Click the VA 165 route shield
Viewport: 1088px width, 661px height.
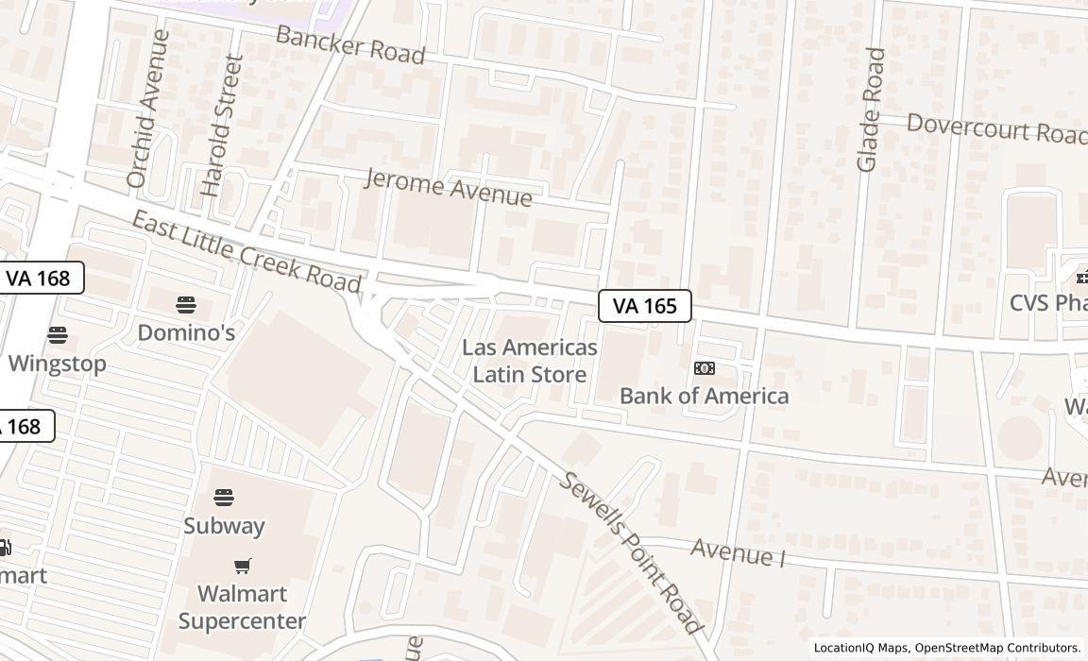645,306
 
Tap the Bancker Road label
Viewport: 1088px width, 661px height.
349,44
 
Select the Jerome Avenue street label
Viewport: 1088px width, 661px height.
448,186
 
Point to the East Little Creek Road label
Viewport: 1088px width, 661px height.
246,251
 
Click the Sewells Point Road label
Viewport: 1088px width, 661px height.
631,551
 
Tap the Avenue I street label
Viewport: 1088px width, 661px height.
738,551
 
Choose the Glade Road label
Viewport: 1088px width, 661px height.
870,110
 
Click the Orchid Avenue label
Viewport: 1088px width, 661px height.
148,109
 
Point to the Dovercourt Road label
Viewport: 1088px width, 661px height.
996,128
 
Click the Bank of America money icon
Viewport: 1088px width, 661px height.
705,368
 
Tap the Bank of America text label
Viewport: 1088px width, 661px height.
704,396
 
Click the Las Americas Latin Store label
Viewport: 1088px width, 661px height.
530,361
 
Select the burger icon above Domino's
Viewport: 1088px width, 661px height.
186,305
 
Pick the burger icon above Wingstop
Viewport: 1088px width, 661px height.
58,335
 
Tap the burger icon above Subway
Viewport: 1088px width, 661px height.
224,498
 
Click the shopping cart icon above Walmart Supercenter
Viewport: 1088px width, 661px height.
243,567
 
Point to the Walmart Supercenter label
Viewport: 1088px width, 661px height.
242,607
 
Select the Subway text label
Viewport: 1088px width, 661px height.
224,526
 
